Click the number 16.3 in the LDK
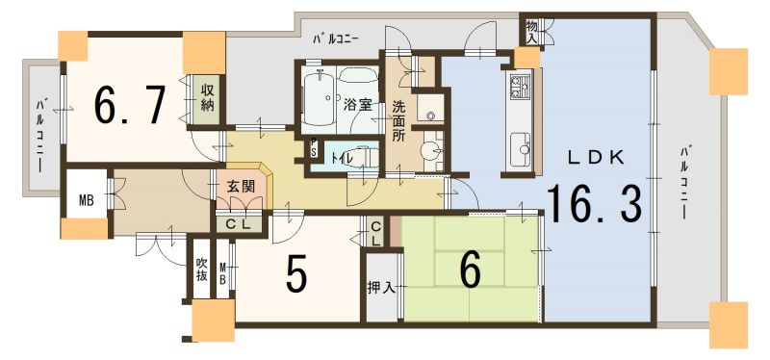click(x=594, y=203)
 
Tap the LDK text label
click(x=596, y=158)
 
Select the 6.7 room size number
click(x=130, y=105)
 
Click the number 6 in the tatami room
click(x=470, y=272)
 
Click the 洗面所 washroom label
click(x=398, y=121)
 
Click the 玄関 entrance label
click(x=241, y=187)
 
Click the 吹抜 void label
click(x=201, y=269)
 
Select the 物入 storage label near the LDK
click(x=532, y=33)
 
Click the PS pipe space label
click(x=314, y=148)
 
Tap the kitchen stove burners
click(x=521, y=87)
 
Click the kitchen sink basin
click(x=521, y=149)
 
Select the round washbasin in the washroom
click(x=431, y=152)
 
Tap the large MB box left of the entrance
click(x=87, y=193)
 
